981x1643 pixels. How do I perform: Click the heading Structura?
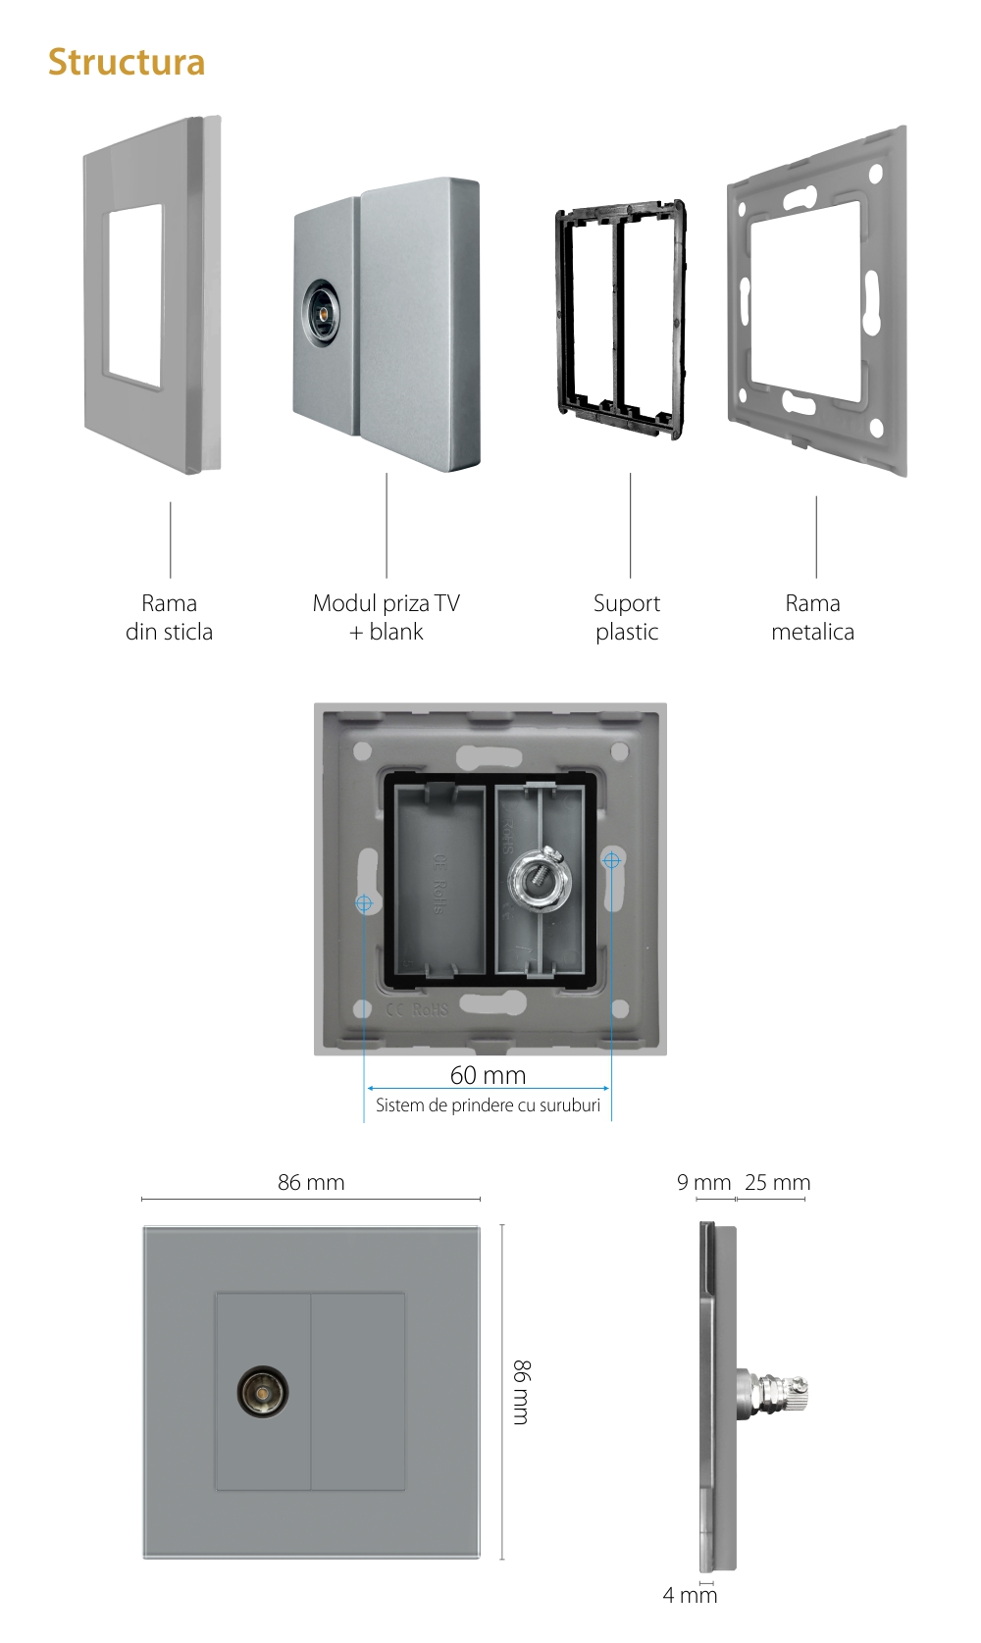click(127, 63)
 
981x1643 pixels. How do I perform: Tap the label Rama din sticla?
click(169, 617)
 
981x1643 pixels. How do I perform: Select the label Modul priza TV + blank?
click(387, 617)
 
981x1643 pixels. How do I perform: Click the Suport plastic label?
click(627, 617)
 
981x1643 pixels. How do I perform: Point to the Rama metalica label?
click(812, 617)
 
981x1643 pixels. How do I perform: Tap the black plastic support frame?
click(620, 319)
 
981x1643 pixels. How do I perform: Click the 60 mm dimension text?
click(488, 1075)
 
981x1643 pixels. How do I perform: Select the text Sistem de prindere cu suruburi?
click(488, 1105)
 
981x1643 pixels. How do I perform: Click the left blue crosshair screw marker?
click(364, 902)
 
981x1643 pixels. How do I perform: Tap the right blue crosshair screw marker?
click(611, 860)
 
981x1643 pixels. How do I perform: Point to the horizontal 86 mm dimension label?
click(311, 1182)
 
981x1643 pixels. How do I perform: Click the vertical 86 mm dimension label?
click(522, 1391)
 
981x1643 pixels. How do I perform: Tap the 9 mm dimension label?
click(704, 1182)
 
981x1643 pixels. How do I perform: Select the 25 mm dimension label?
click(777, 1182)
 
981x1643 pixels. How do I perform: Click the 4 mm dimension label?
click(690, 1595)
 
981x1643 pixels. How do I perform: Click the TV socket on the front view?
click(263, 1392)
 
